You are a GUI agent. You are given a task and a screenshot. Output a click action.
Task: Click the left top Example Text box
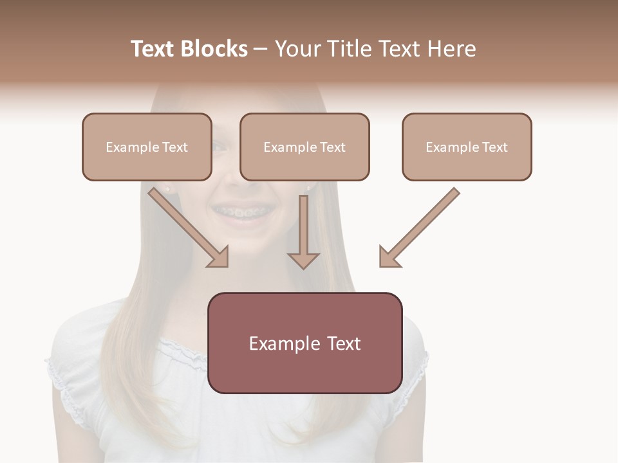[147, 147]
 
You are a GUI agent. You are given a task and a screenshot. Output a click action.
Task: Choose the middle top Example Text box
[304, 147]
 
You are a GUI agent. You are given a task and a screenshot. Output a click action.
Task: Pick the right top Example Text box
[467, 147]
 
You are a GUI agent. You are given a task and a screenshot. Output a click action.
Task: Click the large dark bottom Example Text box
[305, 343]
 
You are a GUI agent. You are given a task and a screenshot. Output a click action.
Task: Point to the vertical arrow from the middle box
[303, 225]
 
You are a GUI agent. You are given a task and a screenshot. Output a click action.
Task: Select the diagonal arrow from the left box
[187, 225]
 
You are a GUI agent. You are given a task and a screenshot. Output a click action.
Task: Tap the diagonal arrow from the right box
[422, 225]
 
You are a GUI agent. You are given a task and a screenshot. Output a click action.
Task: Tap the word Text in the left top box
[175, 147]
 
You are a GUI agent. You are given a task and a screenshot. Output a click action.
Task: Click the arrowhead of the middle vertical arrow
[303, 259]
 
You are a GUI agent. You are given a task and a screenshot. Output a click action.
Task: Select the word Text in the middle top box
[333, 147]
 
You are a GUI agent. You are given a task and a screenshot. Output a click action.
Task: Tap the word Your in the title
[296, 49]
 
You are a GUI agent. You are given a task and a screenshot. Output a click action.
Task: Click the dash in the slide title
[261, 50]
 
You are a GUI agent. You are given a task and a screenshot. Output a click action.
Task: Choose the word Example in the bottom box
[285, 343]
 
